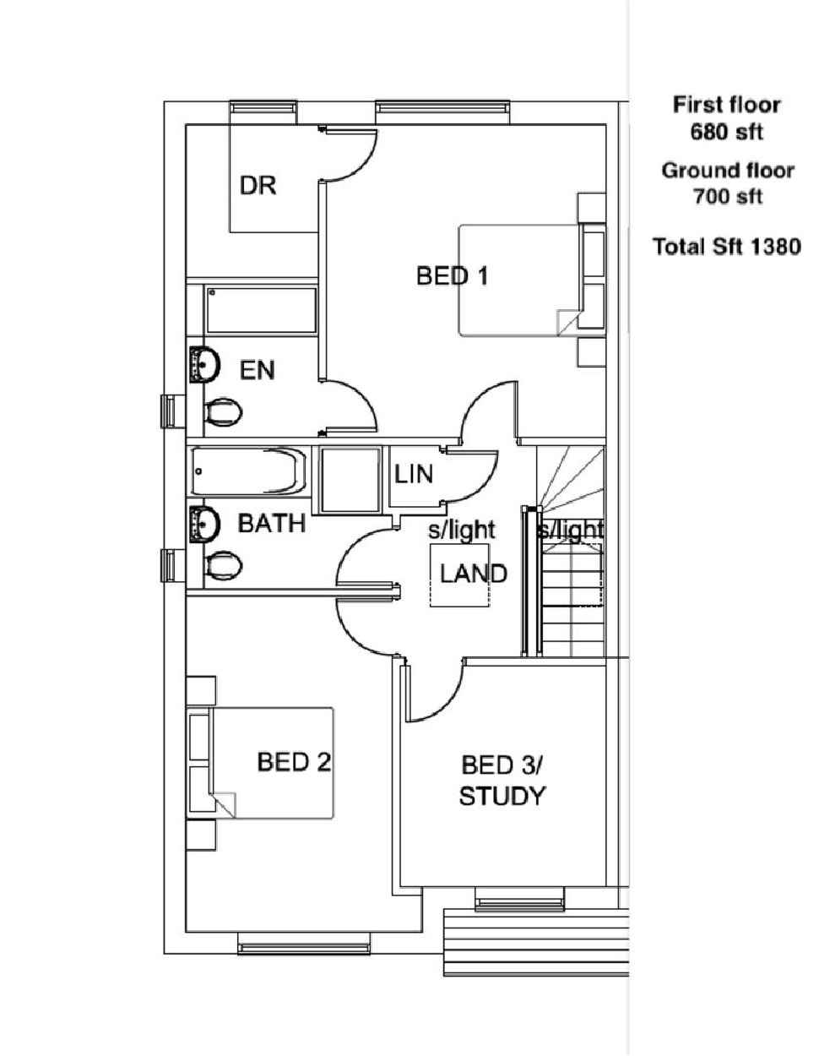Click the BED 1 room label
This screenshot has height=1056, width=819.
452,275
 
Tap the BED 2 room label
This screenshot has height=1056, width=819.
294,763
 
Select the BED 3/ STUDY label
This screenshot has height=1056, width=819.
502,781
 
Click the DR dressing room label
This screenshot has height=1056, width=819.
258,185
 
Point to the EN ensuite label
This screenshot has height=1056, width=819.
258,370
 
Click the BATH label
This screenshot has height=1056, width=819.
271,523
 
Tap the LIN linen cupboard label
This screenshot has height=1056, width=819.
414,474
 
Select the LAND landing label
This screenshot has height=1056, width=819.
473,574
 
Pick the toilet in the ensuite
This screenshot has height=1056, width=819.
223,412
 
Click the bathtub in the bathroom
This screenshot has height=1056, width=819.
248,471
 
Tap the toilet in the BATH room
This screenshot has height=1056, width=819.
223,565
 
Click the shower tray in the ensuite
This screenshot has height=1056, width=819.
261,311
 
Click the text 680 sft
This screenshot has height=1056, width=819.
726,132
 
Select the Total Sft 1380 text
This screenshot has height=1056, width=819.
726,247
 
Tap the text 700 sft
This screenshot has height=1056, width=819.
726,197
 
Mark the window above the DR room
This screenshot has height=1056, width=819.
264,107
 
